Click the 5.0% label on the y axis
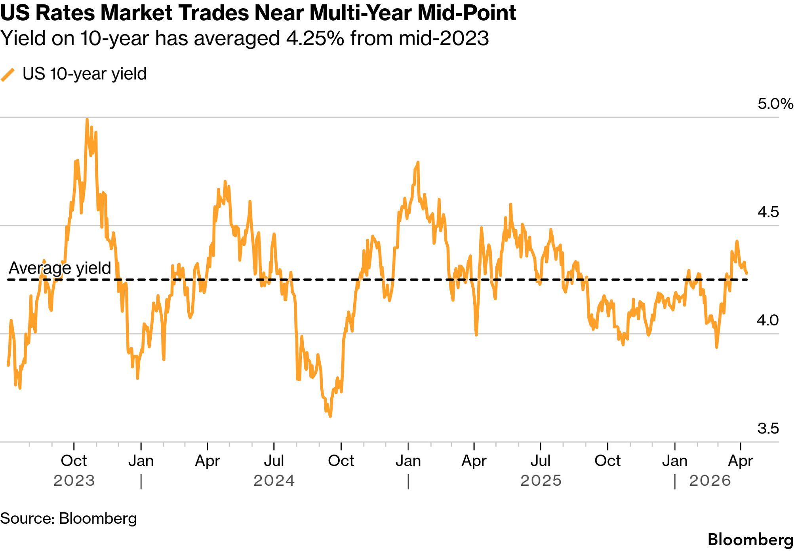[775, 104]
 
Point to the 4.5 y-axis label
[768, 213]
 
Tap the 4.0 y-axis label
[768, 320]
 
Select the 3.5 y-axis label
[768, 429]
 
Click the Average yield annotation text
[60, 268]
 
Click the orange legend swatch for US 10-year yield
[8, 74]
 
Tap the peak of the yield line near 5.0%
[87, 120]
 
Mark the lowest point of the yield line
[330, 416]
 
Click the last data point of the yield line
[746, 273]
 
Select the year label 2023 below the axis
[74, 481]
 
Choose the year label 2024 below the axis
[274, 481]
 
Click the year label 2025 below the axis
[541, 481]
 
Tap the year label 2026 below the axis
[710, 481]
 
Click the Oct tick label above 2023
[74, 461]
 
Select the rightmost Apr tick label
[741, 461]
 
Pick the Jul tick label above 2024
[274, 461]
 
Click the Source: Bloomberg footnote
[69, 519]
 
